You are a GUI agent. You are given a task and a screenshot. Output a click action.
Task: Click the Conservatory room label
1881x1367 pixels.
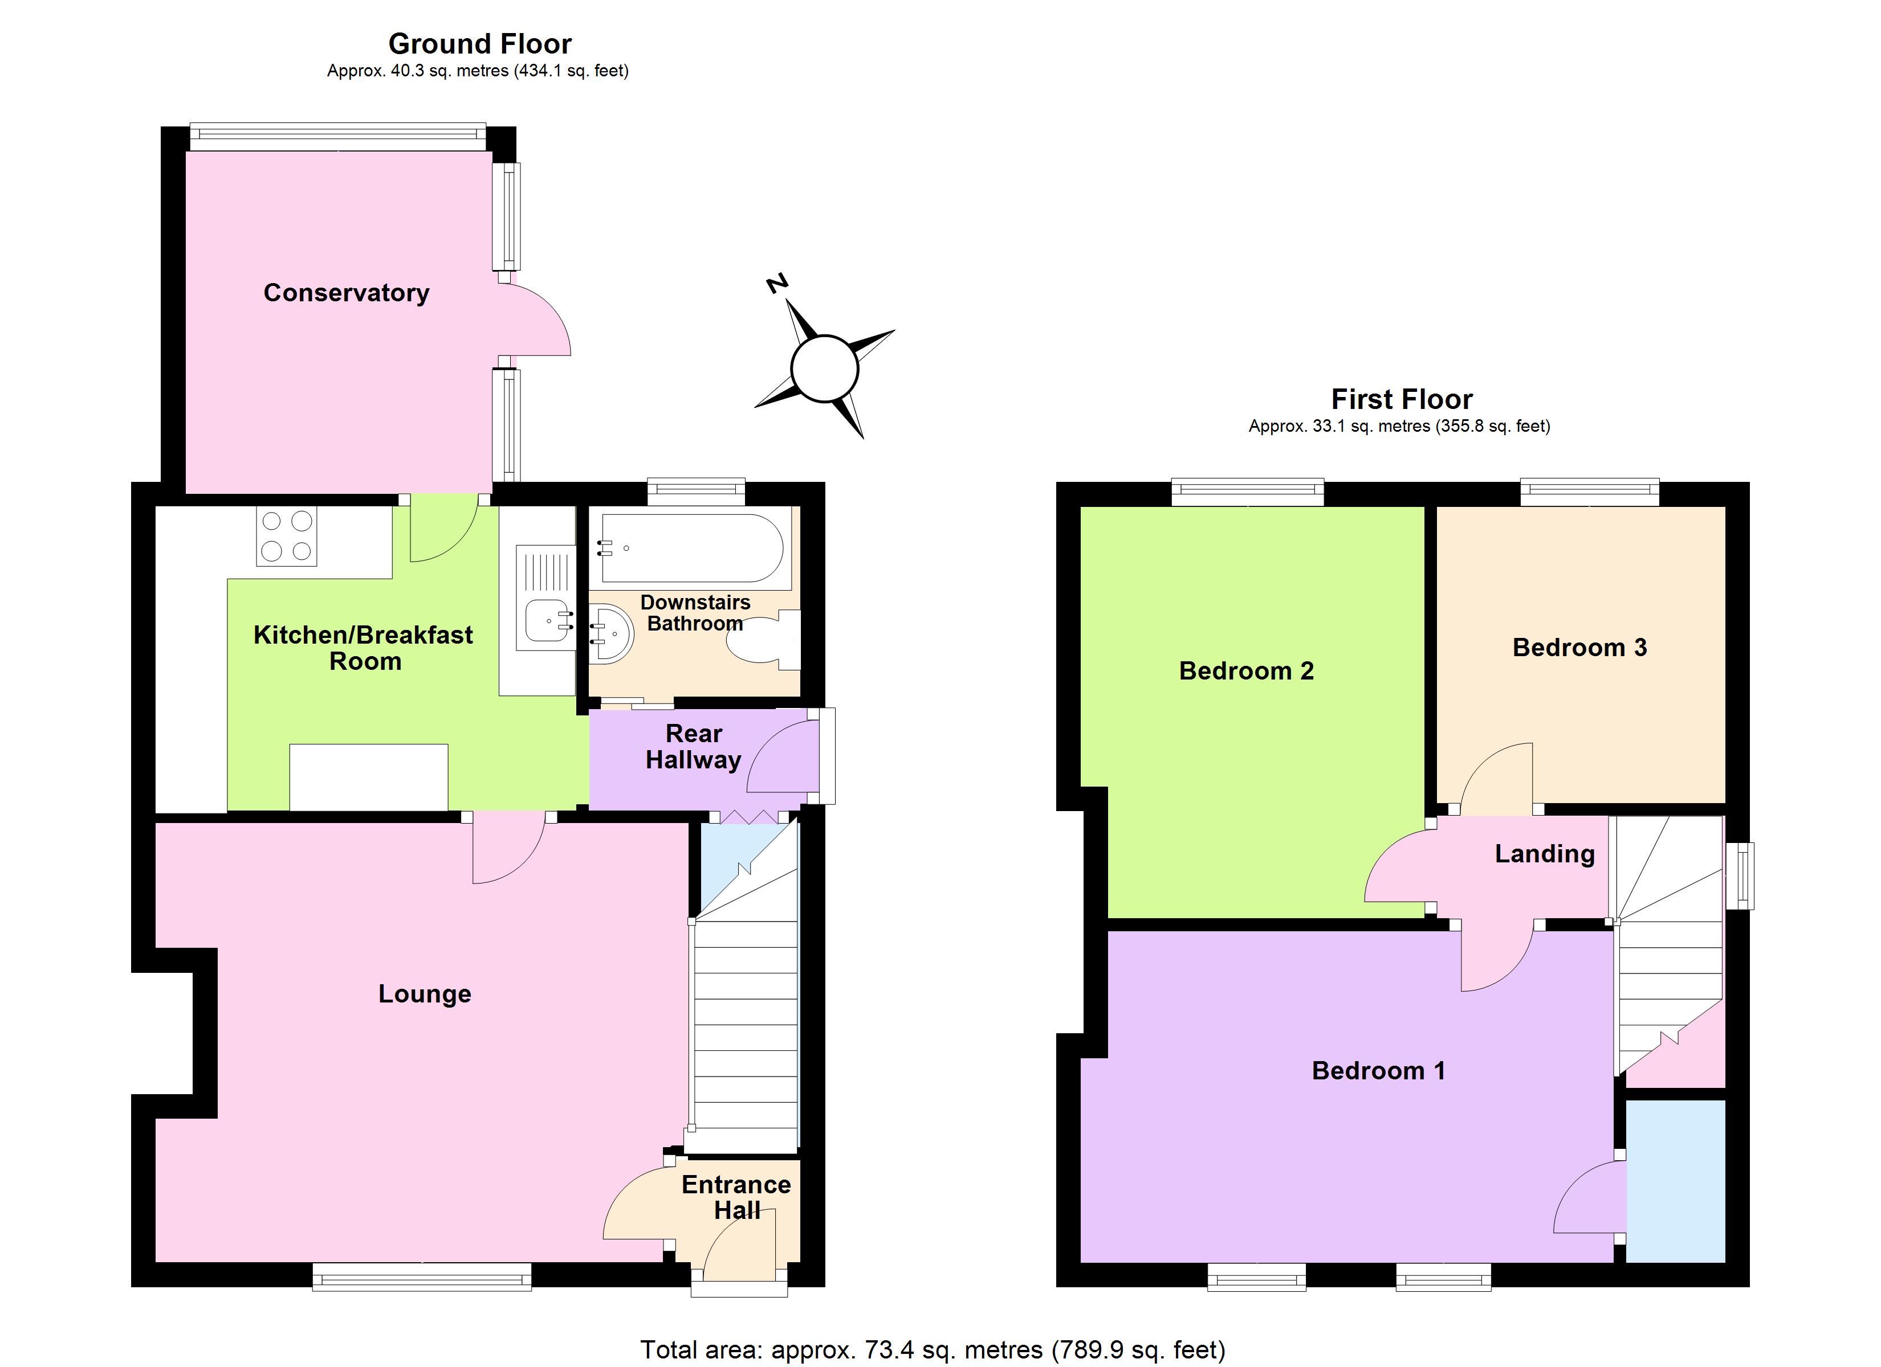[346, 293]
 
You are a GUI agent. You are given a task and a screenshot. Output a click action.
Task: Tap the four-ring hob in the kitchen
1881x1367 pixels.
[286, 537]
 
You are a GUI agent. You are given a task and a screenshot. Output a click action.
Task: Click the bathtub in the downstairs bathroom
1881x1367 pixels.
[691, 548]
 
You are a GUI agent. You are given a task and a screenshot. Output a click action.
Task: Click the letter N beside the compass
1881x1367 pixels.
[776, 284]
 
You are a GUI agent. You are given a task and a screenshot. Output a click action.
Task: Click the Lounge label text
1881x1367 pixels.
[425, 993]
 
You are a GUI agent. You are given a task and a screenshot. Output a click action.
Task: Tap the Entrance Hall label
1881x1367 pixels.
[736, 1197]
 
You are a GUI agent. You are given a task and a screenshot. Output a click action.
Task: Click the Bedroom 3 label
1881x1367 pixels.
[1579, 648]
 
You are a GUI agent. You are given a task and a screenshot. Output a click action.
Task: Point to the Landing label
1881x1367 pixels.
[1544, 854]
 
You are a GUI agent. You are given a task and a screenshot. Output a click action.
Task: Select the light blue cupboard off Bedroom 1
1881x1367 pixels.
[1675, 1181]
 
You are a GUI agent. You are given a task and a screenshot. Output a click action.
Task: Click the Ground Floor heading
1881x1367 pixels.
[479, 43]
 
